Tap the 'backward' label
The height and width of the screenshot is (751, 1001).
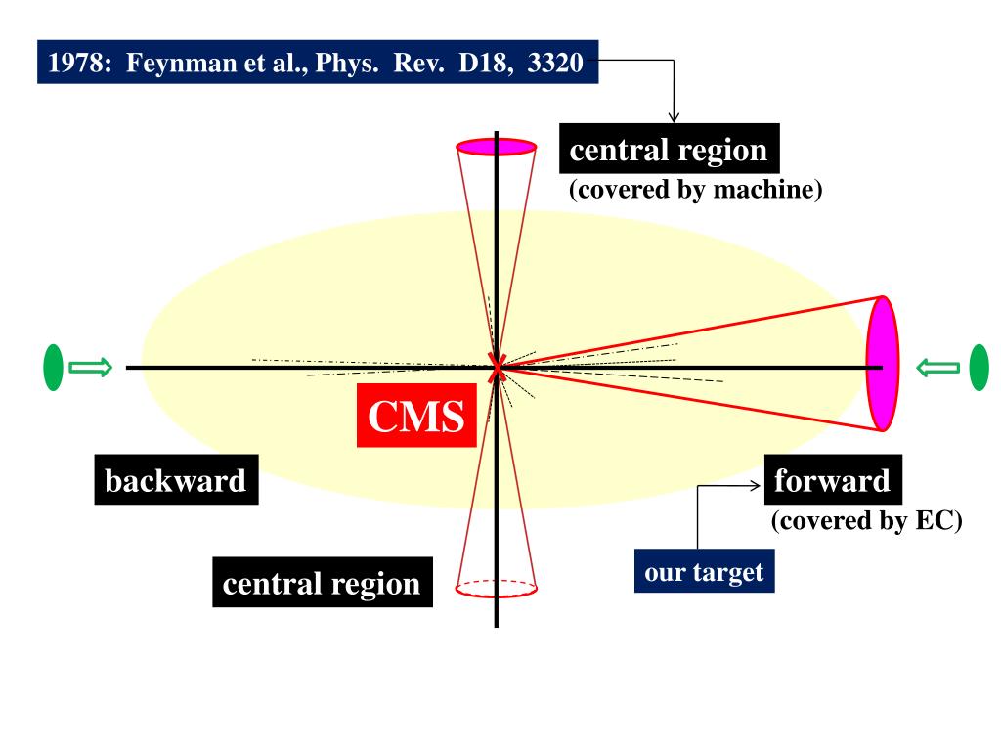pos(176,481)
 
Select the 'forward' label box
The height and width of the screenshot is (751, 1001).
pos(833,481)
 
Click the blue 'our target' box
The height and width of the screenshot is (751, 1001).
pos(704,571)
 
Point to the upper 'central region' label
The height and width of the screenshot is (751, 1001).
pos(669,151)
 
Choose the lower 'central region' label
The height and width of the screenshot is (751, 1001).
pos(322,584)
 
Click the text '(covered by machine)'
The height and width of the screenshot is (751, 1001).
pos(696,190)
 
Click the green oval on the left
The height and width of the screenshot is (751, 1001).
pos(54,369)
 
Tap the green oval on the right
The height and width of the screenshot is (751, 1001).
pos(978,369)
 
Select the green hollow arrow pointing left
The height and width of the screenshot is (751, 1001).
pos(937,368)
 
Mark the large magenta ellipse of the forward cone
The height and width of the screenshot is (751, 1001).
pos(882,364)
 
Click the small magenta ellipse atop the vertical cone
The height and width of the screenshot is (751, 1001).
pos(497,147)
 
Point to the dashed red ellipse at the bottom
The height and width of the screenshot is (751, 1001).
pos(497,588)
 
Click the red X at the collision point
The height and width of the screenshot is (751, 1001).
pos(498,368)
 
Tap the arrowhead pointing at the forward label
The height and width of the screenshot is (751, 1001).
pos(757,486)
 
